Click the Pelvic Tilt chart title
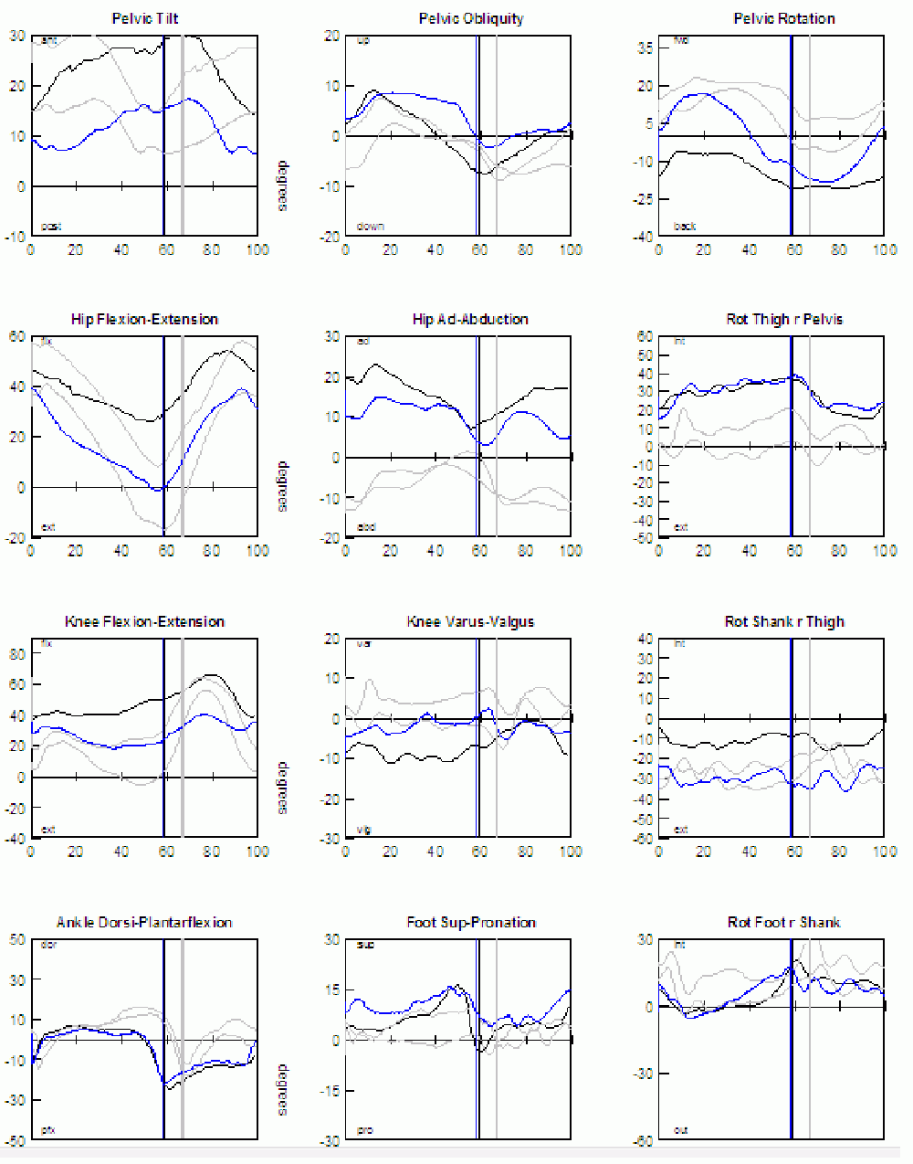point(144,18)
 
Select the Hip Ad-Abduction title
point(470,319)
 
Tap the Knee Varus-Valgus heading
point(470,621)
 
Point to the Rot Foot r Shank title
point(783,922)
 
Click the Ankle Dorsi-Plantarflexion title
point(144,922)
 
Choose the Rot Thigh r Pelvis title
point(784,319)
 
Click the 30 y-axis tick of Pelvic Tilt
point(17,36)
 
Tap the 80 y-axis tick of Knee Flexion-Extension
point(17,653)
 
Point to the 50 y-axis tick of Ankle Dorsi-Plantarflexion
point(17,939)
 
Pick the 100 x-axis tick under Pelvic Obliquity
point(571,249)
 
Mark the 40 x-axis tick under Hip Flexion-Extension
point(121,551)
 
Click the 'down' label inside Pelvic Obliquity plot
point(371,227)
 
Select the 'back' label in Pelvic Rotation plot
point(685,227)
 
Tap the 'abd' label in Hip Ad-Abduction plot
point(365,527)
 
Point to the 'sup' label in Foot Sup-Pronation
point(365,945)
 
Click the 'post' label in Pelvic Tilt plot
point(51,227)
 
